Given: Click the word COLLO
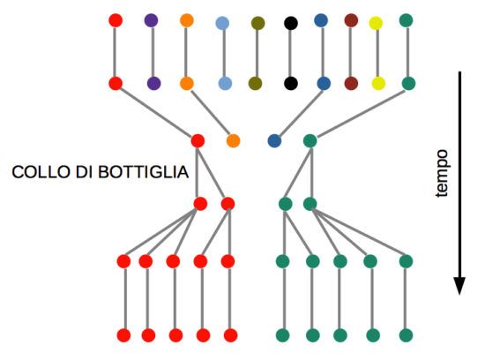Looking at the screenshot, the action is click(x=41, y=172).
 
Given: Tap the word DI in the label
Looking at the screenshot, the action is click(x=85, y=172).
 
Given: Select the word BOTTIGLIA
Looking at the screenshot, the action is click(x=143, y=172).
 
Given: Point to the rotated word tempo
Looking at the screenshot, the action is click(x=442, y=173).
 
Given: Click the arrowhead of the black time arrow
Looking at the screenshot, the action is click(x=459, y=286).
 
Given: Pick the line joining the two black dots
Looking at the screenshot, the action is click(x=290, y=53).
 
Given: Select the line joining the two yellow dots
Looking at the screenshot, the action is click(x=377, y=53).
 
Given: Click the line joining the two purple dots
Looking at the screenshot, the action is click(x=153, y=52).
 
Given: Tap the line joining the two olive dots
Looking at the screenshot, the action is click(x=257, y=53).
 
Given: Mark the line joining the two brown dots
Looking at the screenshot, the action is click(x=351, y=52).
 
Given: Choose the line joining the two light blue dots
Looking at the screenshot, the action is click(x=224, y=53).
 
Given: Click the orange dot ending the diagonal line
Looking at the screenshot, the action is click(x=233, y=141).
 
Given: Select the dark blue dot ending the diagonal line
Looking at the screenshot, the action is click(x=274, y=141).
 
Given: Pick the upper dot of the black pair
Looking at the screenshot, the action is click(x=291, y=23).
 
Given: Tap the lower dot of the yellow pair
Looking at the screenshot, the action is click(x=378, y=84).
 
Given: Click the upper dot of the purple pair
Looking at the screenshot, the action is click(x=152, y=20).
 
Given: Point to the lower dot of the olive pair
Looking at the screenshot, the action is click(x=255, y=84).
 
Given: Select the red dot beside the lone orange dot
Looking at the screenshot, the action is click(x=198, y=141).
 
